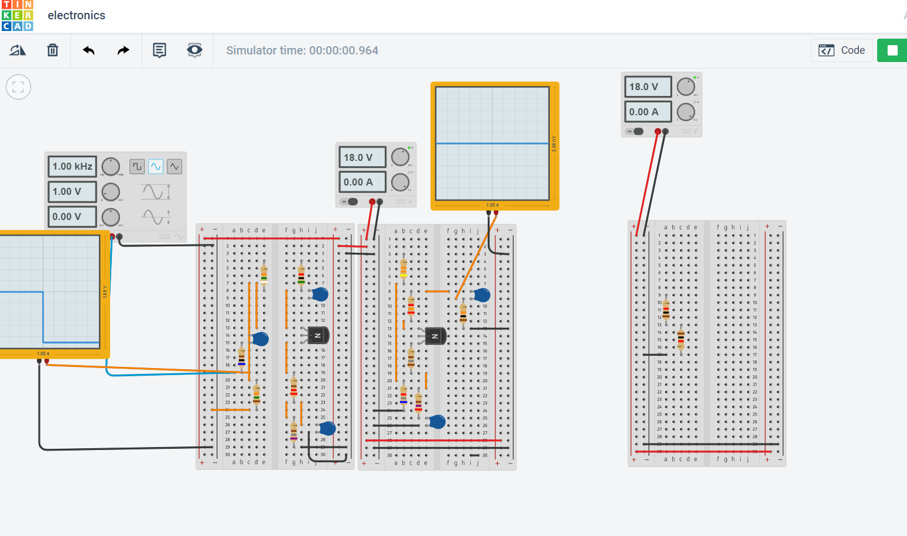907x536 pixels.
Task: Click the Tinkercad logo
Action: pyautogui.click(x=17, y=15)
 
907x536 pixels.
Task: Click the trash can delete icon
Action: pyautogui.click(x=53, y=50)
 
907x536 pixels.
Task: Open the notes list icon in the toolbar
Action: pyautogui.click(x=159, y=50)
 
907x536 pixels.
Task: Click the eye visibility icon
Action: pyautogui.click(x=194, y=50)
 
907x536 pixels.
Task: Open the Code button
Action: pyautogui.click(x=842, y=50)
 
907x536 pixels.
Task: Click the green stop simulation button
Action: pyautogui.click(x=892, y=50)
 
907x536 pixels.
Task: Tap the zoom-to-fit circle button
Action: pyautogui.click(x=18, y=87)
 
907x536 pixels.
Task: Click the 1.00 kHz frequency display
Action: pyautogui.click(x=72, y=166)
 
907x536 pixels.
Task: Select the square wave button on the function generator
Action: pyautogui.click(x=137, y=167)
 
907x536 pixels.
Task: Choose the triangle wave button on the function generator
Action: pyautogui.click(x=174, y=167)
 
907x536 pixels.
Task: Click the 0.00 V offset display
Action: pyautogui.click(x=72, y=217)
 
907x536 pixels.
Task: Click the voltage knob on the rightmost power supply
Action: pyautogui.click(x=686, y=87)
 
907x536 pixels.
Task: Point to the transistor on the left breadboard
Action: pyautogui.click(x=318, y=335)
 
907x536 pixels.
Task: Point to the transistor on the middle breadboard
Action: pyautogui.click(x=435, y=336)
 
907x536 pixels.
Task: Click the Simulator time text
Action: pyautogui.click(x=302, y=50)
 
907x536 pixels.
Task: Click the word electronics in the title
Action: pyautogui.click(x=77, y=15)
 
